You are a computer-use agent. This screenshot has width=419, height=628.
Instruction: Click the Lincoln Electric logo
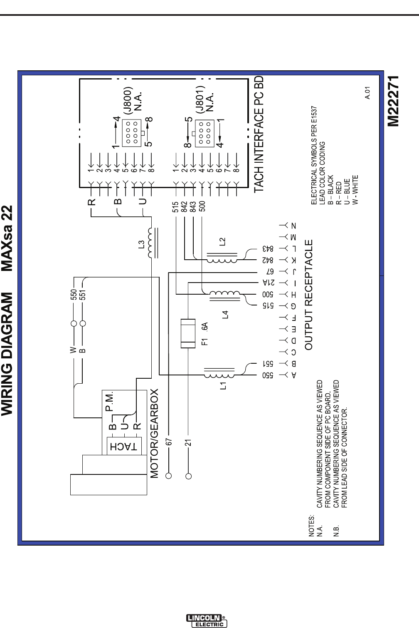[207, 621]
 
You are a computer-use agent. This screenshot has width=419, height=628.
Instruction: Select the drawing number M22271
[393, 101]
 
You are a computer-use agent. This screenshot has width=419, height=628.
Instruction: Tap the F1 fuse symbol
[188, 333]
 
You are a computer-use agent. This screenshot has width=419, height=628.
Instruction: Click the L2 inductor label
[222, 242]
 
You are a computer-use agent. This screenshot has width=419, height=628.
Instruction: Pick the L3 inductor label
[142, 245]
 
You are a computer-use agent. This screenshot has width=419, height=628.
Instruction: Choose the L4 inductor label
[225, 314]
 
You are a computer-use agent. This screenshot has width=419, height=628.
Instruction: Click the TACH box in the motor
[123, 447]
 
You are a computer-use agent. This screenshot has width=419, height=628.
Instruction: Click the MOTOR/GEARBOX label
[154, 433]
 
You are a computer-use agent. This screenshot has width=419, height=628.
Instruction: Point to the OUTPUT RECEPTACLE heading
[309, 295]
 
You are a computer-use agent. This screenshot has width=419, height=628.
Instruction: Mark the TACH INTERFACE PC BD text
[259, 134]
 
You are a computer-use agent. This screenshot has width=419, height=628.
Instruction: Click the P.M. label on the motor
[110, 401]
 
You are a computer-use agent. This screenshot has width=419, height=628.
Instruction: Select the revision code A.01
[367, 93]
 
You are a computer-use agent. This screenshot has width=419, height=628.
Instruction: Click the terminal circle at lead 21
[188, 476]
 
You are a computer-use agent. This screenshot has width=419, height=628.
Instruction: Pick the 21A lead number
[269, 283]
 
